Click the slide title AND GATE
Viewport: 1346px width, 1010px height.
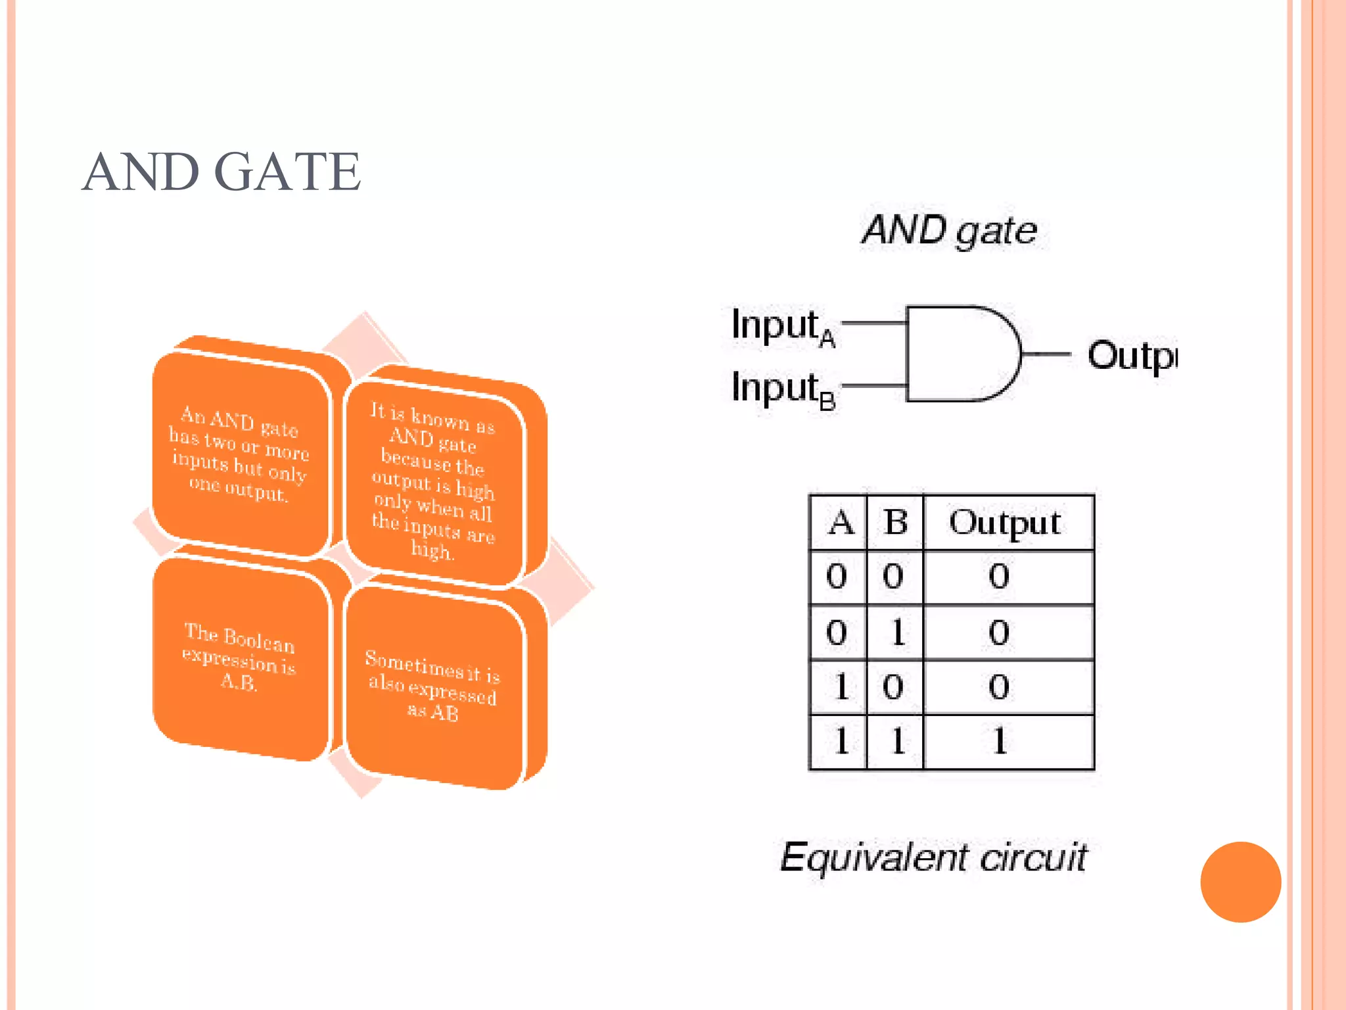[x=221, y=172]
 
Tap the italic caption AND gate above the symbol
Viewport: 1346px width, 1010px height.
[x=949, y=231]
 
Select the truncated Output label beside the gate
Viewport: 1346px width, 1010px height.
[x=1131, y=356]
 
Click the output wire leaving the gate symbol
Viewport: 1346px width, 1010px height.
[x=1046, y=354]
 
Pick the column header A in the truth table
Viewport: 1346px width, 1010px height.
[x=839, y=523]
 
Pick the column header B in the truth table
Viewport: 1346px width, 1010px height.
[x=895, y=523]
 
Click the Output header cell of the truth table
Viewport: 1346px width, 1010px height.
[x=1005, y=523]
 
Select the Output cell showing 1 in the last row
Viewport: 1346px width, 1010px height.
[x=1000, y=742]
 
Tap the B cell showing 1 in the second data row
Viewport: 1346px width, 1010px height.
[x=896, y=633]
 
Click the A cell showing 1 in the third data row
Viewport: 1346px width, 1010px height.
[x=839, y=687]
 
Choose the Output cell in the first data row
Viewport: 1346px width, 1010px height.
[x=1000, y=577]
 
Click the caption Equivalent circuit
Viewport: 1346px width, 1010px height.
[x=933, y=857]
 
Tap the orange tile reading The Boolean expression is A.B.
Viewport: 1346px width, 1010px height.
[x=239, y=658]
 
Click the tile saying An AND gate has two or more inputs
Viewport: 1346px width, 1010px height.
[x=239, y=454]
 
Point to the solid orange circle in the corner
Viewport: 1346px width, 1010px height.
[x=1240, y=882]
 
